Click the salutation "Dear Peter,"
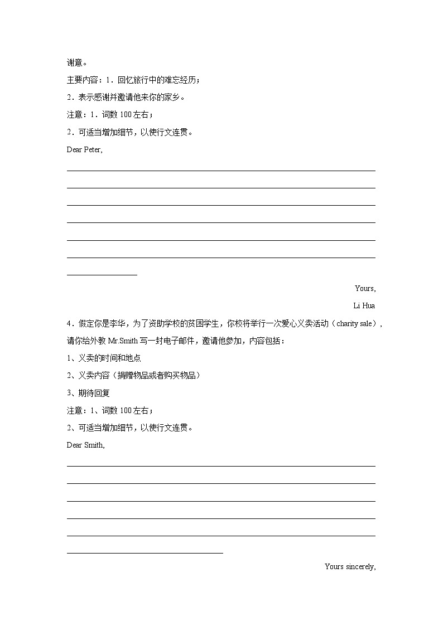84,149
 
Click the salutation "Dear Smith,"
85,445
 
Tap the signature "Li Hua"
364,305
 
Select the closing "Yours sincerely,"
350,566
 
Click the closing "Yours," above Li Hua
365,288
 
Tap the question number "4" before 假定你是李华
69,323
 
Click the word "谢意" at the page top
74,63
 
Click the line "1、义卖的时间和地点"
104,358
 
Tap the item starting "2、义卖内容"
133,375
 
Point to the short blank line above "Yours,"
102,274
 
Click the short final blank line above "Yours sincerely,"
145,553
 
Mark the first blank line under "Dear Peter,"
221,171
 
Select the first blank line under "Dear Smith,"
221,466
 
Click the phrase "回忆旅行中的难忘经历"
157,80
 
